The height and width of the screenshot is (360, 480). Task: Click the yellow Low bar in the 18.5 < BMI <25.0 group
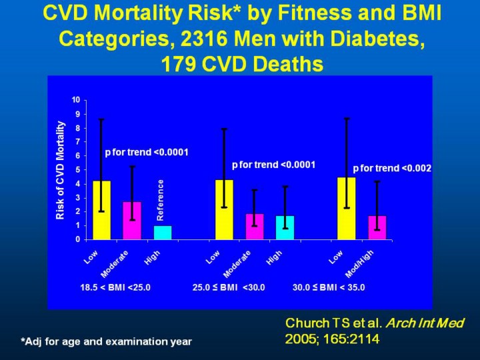tap(101, 210)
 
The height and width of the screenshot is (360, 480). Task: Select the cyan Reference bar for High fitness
tap(163, 233)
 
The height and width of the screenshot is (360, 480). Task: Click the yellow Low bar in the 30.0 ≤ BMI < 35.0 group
tap(346, 208)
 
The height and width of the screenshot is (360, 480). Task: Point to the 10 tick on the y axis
tap(76, 100)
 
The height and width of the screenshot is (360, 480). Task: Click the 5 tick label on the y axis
tap(77, 169)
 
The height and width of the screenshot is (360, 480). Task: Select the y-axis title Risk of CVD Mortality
tap(61, 169)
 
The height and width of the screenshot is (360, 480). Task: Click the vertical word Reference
tap(160, 200)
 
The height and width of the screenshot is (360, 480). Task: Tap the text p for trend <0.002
tap(392, 169)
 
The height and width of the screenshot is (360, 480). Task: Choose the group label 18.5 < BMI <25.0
tap(115, 288)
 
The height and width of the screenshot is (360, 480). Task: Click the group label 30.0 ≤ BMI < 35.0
tap(329, 288)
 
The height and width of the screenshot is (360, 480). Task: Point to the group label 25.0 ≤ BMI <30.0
tap(229, 288)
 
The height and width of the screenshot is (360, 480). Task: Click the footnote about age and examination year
tap(106, 341)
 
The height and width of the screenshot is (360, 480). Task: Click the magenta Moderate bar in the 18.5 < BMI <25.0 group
tap(132, 221)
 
